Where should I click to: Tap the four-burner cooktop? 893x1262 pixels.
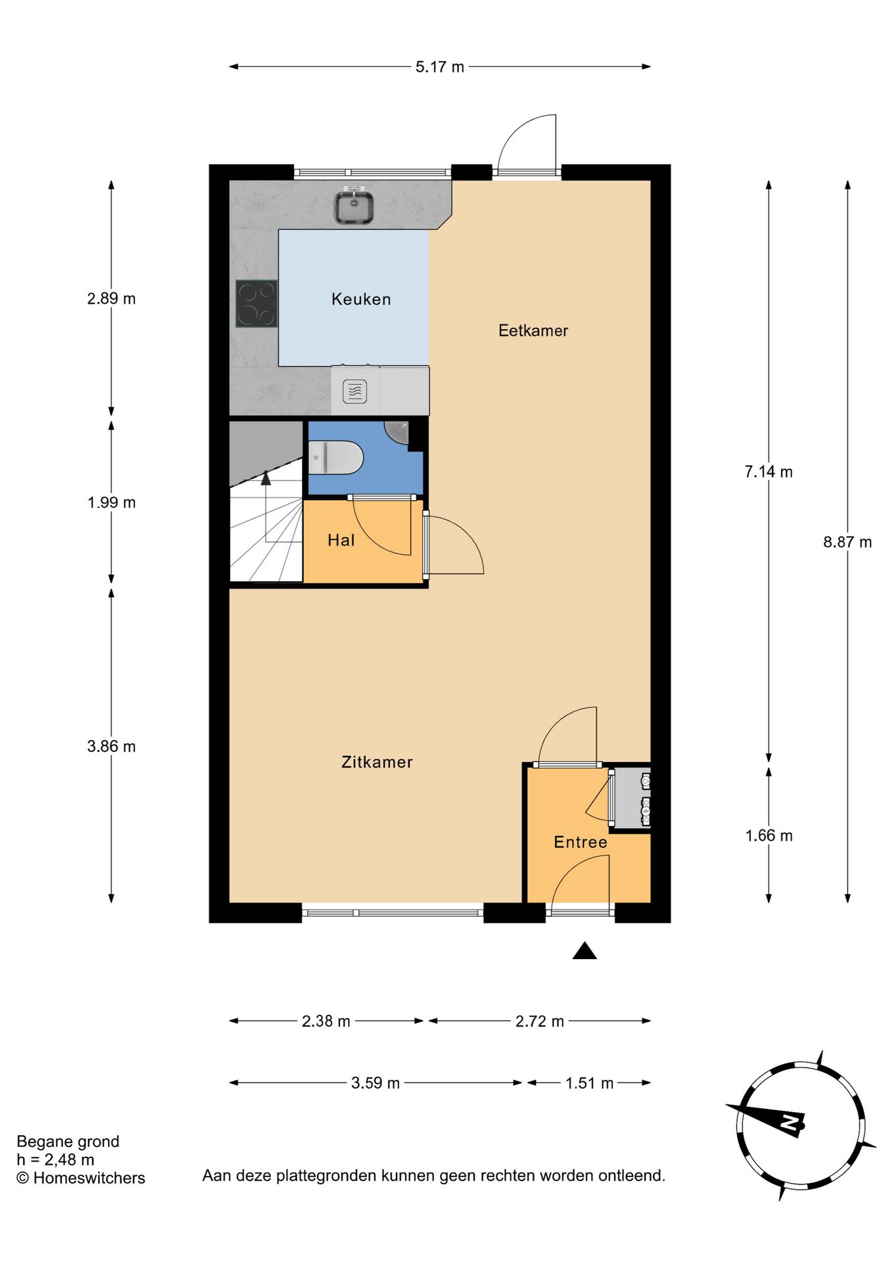[256, 304]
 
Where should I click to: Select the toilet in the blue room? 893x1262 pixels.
[336, 457]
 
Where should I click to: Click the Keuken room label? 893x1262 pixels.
[361, 300]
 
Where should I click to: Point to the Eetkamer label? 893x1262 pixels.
[533, 331]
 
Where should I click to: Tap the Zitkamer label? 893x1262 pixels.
[377, 762]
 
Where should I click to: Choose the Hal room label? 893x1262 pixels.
[341, 540]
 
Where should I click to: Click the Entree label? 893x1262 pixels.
[580, 843]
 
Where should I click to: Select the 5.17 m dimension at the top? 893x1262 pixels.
[439, 67]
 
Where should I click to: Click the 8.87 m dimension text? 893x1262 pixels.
[847, 542]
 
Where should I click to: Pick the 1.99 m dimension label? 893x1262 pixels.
[111, 503]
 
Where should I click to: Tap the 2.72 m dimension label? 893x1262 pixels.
[539, 1021]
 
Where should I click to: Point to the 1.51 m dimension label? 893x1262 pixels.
[589, 1083]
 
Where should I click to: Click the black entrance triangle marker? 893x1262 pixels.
[584, 951]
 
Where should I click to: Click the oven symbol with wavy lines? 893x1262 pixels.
[354, 392]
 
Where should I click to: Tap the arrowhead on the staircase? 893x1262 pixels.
[266, 478]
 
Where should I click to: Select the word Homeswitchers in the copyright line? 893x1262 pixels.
[89, 1179]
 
